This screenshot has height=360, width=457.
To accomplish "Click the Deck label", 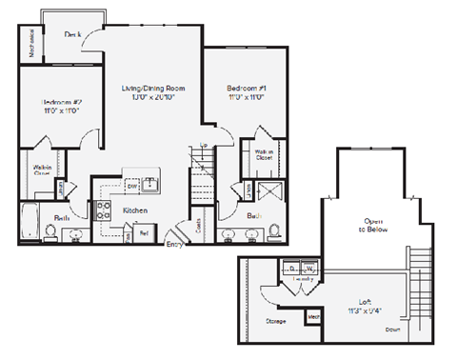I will point(71,33).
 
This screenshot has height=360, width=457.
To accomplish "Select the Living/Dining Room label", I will point(152,89).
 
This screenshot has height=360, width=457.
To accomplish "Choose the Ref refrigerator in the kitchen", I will point(144,231).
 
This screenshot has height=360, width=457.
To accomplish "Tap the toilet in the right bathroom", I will point(273,230).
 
